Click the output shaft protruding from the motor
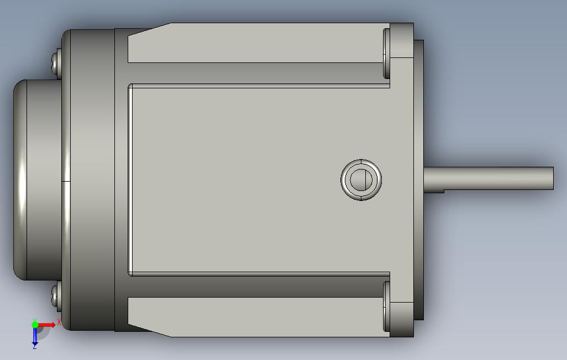pos(486,178)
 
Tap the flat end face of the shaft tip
pos(552,178)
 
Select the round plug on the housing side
pos(361,179)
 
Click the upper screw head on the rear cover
pos(55,62)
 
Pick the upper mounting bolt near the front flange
pos(387,54)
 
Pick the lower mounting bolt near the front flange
pos(387,306)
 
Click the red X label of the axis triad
pos(59,322)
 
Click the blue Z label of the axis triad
pos(34,346)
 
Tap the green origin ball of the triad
pos(35,325)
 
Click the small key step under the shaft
pos(434,191)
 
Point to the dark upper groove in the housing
pos(254,73)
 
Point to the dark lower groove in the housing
pos(254,285)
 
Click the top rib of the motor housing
pos(254,43)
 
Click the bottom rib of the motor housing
pos(254,317)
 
